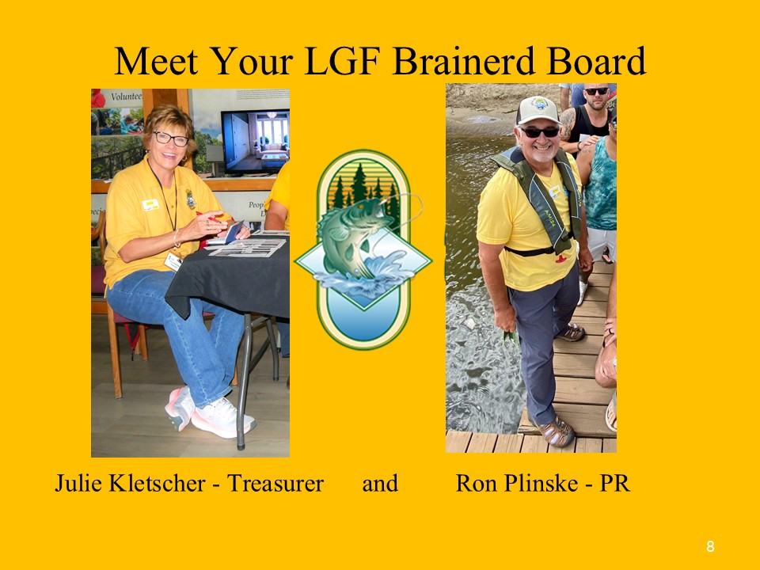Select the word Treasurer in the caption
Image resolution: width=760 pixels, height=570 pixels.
pyautogui.click(x=275, y=483)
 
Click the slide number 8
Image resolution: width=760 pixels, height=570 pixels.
pyautogui.click(x=710, y=547)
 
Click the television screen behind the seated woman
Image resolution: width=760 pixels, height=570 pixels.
pyautogui.click(x=256, y=142)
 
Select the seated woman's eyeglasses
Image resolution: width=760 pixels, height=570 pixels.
pyautogui.click(x=171, y=139)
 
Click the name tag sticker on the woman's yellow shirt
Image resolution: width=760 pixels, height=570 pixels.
pyautogui.click(x=150, y=204)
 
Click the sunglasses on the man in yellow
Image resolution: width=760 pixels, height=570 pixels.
pyautogui.click(x=539, y=132)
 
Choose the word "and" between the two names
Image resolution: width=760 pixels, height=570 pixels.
pyautogui.click(x=380, y=483)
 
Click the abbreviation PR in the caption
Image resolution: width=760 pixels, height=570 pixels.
pyautogui.click(x=614, y=483)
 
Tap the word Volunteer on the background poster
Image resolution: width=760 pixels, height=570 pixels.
pyautogui.click(x=126, y=97)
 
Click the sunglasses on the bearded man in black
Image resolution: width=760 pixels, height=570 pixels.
pyautogui.click(x=596, y=91)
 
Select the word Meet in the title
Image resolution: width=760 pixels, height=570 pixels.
pyautogui.click(x=156, y=61)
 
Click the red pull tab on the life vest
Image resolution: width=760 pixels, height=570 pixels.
pyautogui.click(x=560, y=259)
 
